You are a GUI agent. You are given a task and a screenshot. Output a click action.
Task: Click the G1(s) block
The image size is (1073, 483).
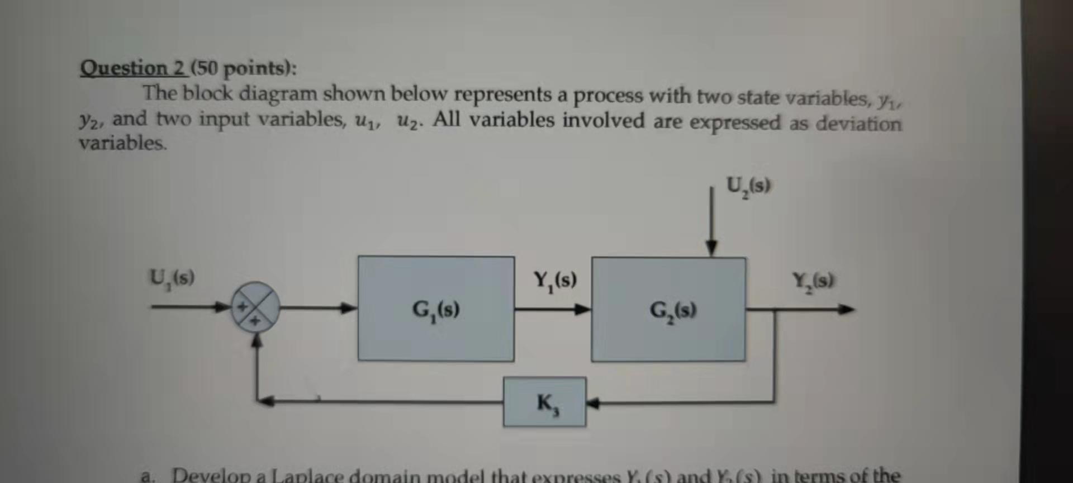pos(436,309)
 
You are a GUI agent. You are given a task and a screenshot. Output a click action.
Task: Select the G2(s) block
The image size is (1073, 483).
pos(668,309)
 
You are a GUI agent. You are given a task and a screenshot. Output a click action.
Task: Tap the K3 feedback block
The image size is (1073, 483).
pos(545,402)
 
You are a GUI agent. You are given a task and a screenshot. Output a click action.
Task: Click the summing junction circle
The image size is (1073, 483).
pos(255,306)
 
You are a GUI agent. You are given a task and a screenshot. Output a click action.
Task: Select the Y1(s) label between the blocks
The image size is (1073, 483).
pos(555,280)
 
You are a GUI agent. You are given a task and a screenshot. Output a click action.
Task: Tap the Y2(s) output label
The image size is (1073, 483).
pos(813,280)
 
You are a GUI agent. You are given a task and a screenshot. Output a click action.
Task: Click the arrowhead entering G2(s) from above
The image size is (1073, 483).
pos(711,248)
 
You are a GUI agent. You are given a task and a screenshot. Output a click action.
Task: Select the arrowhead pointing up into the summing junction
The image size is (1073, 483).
pos(257,339)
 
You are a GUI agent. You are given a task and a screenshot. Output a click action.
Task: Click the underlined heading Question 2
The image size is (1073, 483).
pos(132,68)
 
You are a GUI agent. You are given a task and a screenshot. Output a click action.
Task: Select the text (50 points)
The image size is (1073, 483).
pos(243,69)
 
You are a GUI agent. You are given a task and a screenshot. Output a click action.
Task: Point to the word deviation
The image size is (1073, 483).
pos(858,123)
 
